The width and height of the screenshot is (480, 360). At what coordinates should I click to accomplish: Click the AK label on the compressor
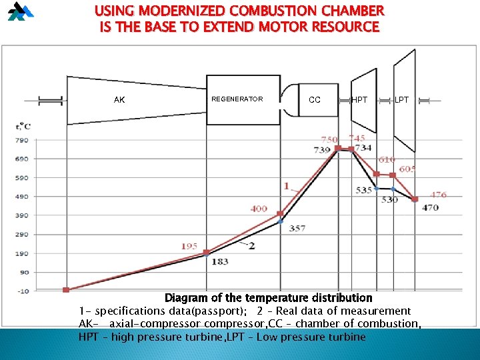pos(119,100)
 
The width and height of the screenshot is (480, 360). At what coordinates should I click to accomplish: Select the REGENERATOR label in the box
pos(237,99)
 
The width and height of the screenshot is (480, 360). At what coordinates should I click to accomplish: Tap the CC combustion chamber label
pos(315,100)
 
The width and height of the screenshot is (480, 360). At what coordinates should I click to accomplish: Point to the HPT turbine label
pos(359,100)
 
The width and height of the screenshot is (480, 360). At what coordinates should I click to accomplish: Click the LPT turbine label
pos(401,100)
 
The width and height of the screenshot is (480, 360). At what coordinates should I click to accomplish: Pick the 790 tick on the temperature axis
pos(21,140)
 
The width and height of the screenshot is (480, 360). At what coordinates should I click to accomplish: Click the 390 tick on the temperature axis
pos(21,216)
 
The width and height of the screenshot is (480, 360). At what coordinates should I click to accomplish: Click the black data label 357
pos(297,228)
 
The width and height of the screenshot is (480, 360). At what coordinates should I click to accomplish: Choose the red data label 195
pos(189,247)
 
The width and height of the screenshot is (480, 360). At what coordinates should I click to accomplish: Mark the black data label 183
pos(219,262)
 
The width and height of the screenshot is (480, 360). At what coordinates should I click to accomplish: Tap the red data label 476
pos(438,195)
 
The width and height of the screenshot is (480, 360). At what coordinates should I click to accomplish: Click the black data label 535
pos(364,191)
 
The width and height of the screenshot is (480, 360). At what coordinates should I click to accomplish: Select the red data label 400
pos(259,209)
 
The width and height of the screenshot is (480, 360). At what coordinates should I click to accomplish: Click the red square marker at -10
pos(66,290)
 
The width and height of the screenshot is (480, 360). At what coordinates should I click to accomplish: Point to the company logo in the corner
pos(20,11)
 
